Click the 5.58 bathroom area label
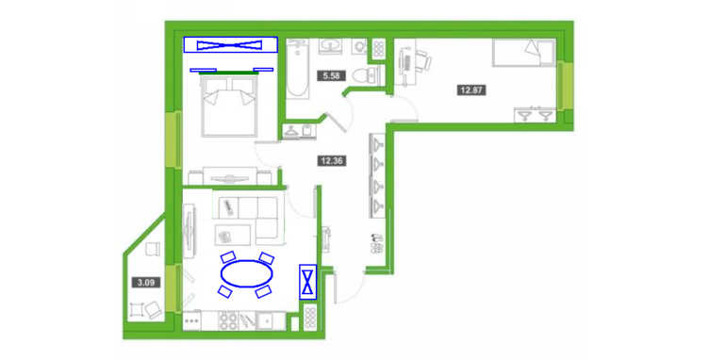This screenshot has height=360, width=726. (332, 75)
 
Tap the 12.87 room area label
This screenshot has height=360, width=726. (471, 90)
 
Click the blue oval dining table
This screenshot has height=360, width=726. (246, 274)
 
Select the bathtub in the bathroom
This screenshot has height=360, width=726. (297, 69)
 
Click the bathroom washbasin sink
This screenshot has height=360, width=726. (331, 46)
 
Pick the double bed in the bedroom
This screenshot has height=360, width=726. (229, 106)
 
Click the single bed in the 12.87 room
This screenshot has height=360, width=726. (523, 51)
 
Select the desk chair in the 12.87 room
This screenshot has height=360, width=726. (423, 60)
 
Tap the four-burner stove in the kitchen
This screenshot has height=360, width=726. (227, 320)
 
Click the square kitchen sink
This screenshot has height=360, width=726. (267, 320)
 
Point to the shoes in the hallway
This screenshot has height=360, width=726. (376, 243)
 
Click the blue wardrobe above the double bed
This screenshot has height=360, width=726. (230, 45)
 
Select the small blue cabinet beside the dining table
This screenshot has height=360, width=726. (308, 282)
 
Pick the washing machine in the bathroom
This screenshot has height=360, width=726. (359, 47)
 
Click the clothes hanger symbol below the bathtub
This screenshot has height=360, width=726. (291, 131)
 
